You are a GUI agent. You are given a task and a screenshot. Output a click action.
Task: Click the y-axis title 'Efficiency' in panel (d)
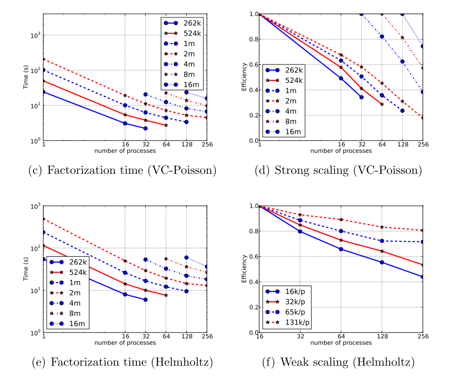click(244, 77)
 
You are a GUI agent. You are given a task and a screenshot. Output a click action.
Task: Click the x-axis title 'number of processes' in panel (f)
click(341, 343)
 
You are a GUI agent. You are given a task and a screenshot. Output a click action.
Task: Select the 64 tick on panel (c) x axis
click(166, 145)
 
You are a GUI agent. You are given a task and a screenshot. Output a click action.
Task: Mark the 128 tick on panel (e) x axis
click(186, 337)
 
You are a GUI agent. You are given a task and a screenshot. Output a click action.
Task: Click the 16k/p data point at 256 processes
click(423, 277)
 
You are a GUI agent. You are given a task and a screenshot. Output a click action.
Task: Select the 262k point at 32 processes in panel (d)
click(361, 97)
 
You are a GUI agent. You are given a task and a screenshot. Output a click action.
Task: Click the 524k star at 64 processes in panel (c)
click(166, 125)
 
